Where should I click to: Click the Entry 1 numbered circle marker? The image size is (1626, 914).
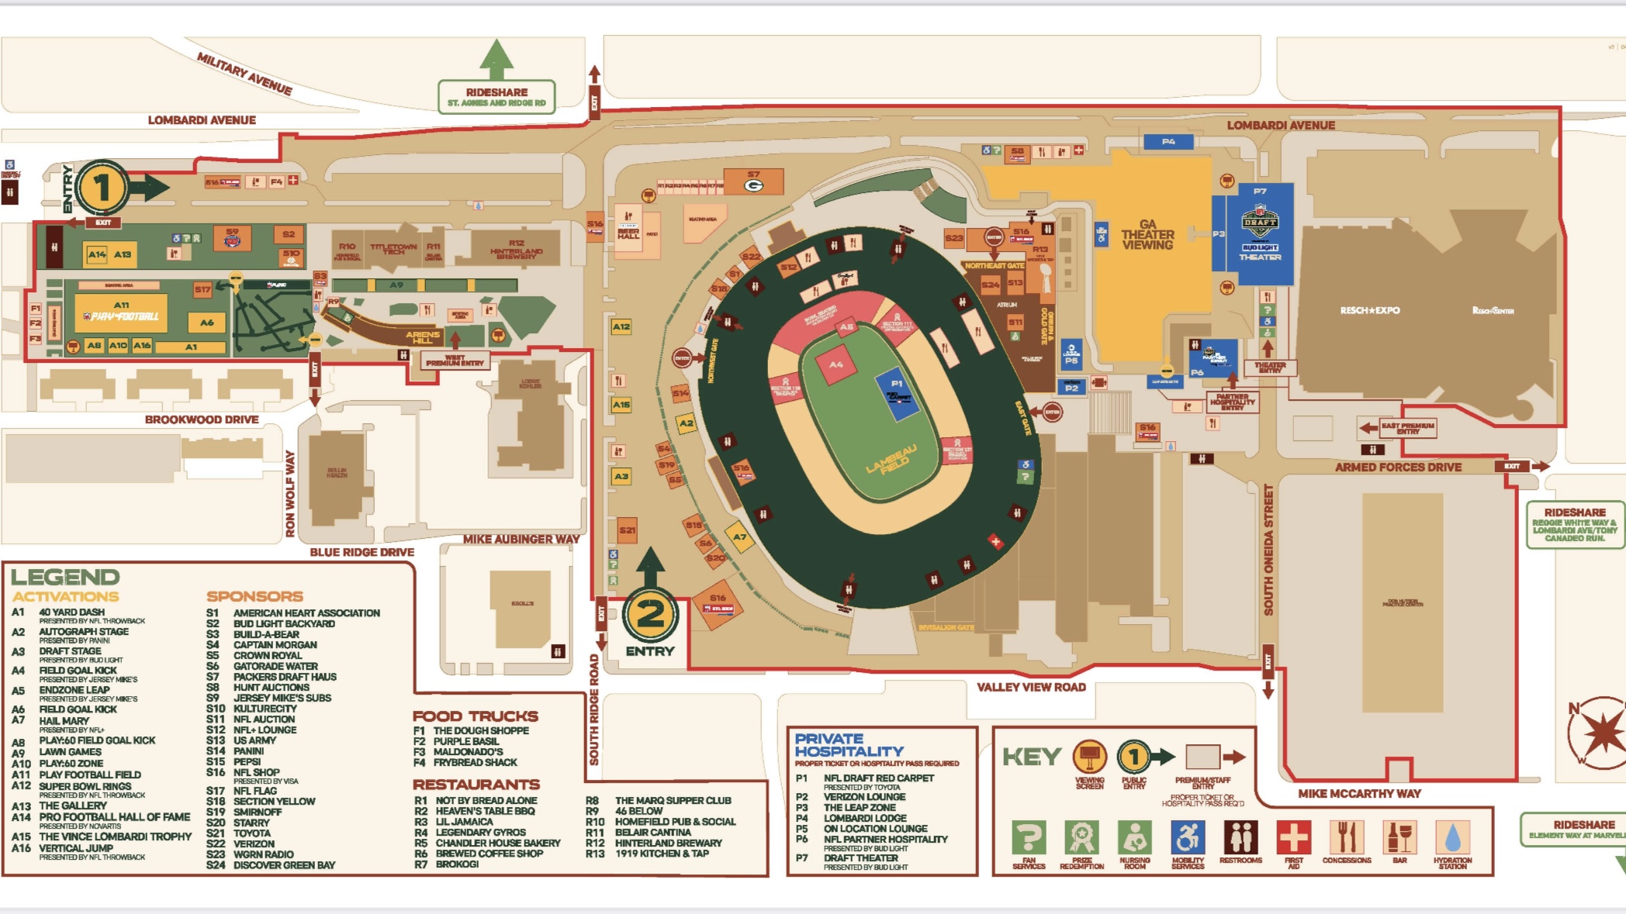coord(102,187)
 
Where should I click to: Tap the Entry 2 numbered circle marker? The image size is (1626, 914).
coord(650,615)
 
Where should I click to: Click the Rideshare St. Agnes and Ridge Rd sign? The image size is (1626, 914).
coord(496,97)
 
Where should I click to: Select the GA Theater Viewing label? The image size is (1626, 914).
coord(1147,234)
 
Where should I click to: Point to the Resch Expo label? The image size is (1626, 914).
coord(1370,310)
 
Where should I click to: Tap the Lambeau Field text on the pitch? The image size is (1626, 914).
coord(891,459)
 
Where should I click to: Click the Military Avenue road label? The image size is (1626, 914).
coord(244,74)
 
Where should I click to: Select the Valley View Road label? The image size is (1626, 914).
coord(1031,687)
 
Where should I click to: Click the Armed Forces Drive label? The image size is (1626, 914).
coord(1398,467)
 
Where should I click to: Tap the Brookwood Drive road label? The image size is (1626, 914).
coord(202,419)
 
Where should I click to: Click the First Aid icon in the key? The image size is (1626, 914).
coord(1294,838)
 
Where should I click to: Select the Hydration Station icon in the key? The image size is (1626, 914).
coord(1452,838)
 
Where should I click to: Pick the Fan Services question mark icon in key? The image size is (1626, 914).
coord(1029,838)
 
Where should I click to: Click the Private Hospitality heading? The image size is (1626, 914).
coord(849,745)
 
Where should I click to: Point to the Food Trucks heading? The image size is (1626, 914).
coord(475,716)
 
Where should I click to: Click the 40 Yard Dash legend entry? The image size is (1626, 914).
coord(71,612)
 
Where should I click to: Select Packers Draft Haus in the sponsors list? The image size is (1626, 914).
coord(285,677)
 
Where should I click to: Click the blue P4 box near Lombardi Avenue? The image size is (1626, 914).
coord(1168,142)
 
